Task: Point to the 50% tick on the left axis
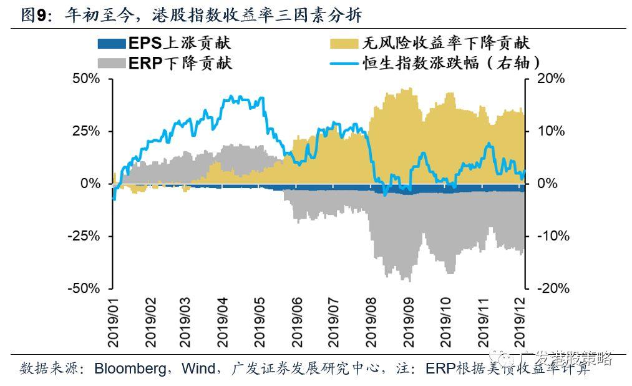(x=87, y=79)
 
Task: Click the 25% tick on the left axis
(x=87, y=132)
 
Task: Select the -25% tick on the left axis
(x=85, y=237)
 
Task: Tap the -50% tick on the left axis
(x=85, y=289)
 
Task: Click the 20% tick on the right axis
(x=550, y=79)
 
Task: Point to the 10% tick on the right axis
(x=550, y=132)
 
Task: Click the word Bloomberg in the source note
(x=129, y=369)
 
